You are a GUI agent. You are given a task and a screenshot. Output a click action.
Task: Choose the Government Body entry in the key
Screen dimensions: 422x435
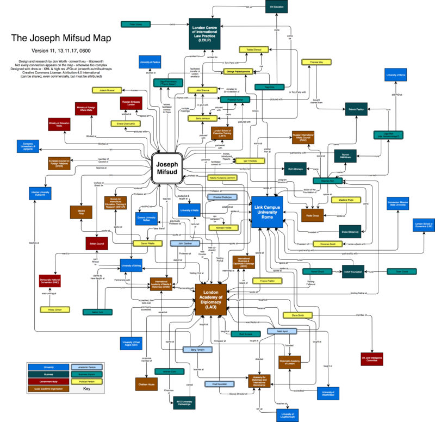click(x=43, y=381)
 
